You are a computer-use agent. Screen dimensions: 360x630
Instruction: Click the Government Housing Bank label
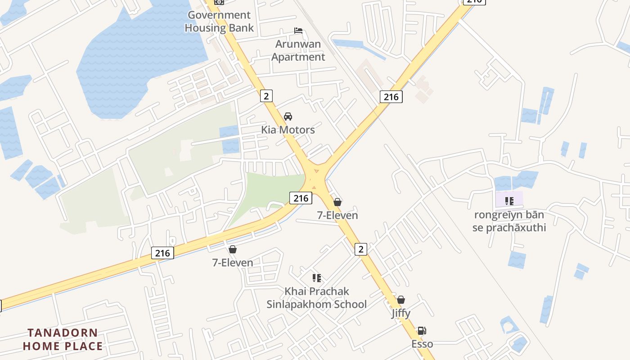219,21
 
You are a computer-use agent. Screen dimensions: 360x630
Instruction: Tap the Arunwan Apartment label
298,50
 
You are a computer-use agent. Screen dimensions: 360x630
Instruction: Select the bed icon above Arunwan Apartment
298,31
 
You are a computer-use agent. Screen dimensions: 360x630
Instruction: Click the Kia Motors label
288,130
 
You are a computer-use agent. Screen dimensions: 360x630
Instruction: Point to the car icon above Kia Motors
288,117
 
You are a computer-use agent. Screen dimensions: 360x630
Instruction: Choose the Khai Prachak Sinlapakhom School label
316,297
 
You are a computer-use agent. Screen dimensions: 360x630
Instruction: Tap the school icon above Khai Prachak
316,278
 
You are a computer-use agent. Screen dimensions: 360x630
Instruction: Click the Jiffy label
400,313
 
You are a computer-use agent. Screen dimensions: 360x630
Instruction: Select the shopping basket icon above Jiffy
400,300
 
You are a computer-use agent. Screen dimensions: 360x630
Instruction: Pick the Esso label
422,344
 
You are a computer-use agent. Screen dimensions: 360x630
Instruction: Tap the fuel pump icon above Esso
422,331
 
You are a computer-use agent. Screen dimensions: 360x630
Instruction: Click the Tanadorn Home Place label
63,339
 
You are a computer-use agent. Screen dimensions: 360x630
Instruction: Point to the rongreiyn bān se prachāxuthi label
509,221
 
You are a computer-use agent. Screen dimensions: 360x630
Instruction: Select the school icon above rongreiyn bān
509,201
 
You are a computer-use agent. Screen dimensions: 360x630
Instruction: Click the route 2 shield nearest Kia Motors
266,96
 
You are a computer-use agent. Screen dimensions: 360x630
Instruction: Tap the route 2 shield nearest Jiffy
360,249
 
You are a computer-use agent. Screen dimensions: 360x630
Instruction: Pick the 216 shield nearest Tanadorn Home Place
162,253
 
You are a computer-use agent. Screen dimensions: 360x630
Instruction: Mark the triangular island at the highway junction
316,171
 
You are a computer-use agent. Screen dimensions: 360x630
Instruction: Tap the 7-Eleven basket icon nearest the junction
337,202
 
